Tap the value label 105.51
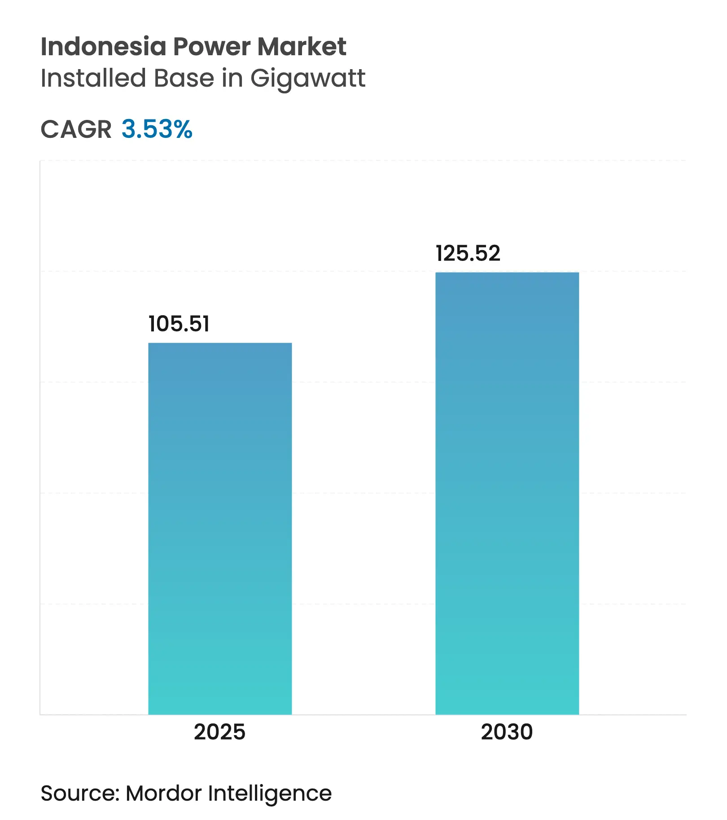179,324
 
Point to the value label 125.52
468,253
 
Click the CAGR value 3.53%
157,129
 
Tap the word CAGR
76,129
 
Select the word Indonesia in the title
103,46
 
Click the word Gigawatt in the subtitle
308,79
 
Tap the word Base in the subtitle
184,78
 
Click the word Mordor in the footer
163,793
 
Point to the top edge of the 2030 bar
507,273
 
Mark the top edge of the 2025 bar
220,344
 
